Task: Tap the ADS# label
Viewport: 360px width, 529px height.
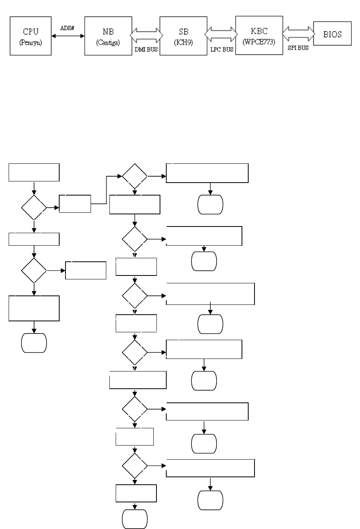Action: (68, 28)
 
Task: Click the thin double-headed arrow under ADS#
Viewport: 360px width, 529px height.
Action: (68, 36)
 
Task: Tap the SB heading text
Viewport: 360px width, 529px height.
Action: (184, 32)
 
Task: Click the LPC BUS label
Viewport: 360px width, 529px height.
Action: (222, 50)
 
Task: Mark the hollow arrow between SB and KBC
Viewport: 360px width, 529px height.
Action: (222, 34)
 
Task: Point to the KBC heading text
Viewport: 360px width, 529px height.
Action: (259, 31)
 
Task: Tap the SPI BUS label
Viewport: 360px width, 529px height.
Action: (298, 48)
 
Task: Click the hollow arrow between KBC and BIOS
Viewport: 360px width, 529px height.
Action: (298, 33)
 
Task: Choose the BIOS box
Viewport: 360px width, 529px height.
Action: (333, 34)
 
